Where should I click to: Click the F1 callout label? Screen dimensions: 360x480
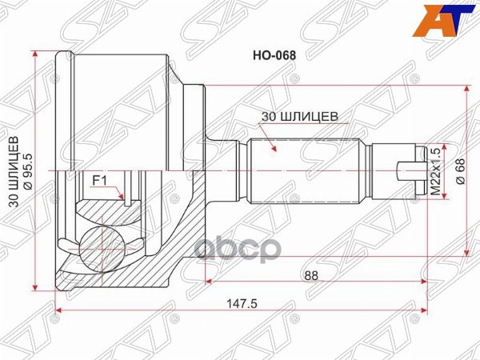click(99, 181)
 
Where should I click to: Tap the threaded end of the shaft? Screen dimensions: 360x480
click(404, 170)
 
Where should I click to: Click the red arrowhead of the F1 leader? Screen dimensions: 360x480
click(121, 197)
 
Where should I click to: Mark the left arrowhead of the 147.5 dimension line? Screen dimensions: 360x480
click(58, 311)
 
